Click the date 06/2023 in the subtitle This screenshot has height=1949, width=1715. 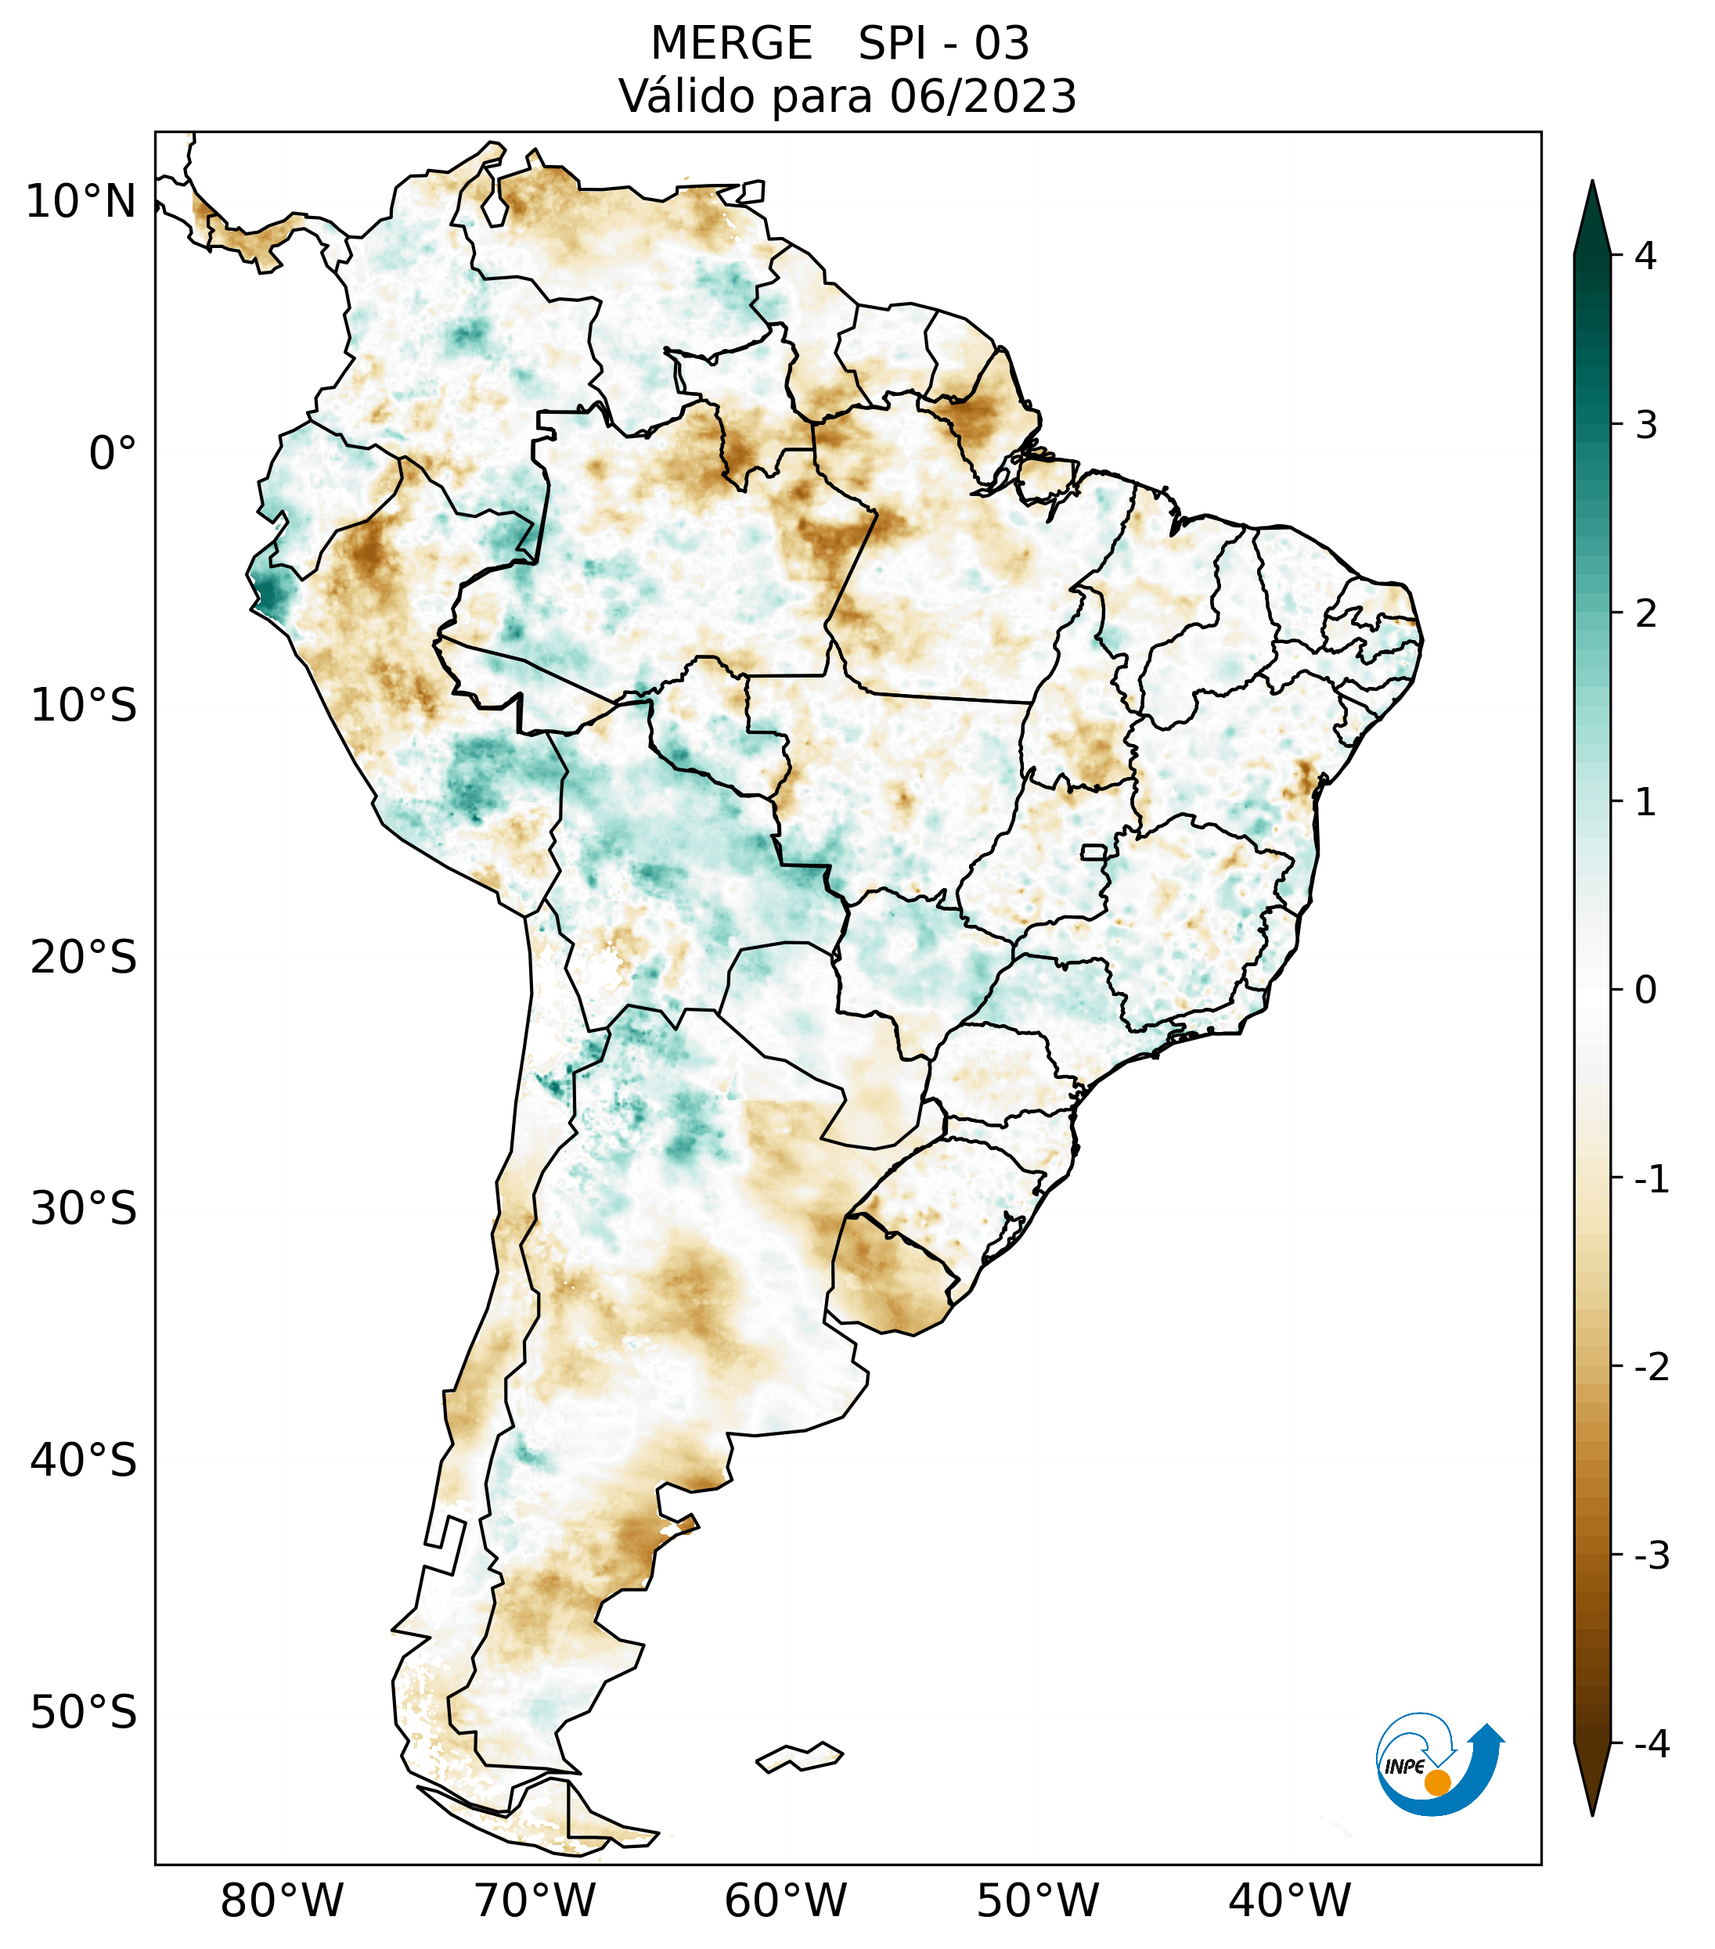[x=983, y=96]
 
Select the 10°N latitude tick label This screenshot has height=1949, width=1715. [x=81, y=202]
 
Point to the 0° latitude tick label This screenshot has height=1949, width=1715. [x=113, y=454]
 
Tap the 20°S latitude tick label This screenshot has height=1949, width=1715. [x=84, y=958]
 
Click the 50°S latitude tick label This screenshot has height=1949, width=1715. [x=84, y=1713]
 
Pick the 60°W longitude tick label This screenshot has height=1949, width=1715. [x=785, y=1900]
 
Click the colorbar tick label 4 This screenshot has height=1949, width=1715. [x=1645, y=256]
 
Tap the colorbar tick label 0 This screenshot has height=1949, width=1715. [x=1645, y=991]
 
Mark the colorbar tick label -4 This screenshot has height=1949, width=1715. [x=1651, y=1744]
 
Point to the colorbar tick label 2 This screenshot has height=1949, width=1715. [x=1645, y=614]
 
